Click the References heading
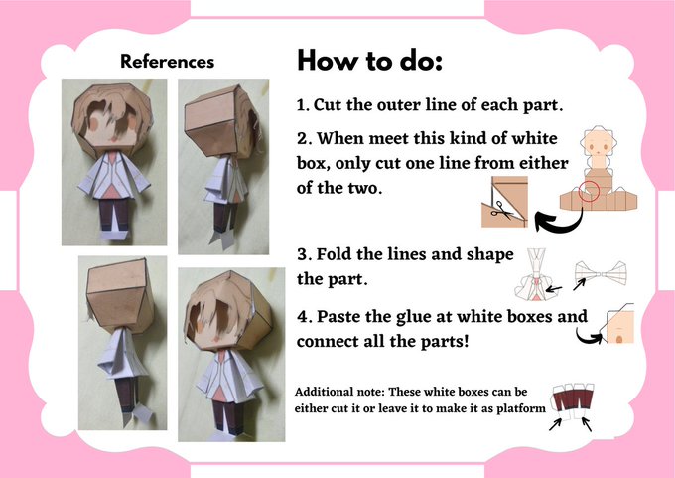[x=167, y=62]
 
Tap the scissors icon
[x=502, y=210]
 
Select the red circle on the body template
[x=588, y=191]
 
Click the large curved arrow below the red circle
[x=564, y=224]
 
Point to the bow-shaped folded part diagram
[x=601, y=273]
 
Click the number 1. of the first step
[x=303, y=105]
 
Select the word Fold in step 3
[x=335, y=254]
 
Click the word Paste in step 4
[x=337, y=317]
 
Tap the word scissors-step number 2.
[x=303, y=139]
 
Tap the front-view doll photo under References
[x=114, y=162]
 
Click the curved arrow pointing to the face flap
[x=591, y=336]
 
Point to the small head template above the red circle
[x=598, y=145]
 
